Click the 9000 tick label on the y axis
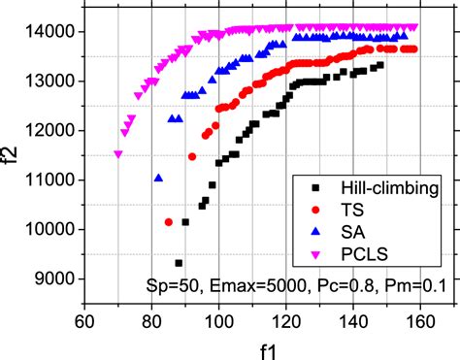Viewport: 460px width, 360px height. (x=53, y=279)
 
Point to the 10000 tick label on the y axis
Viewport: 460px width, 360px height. (x=49, y=230)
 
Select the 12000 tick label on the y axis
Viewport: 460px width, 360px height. (x=49, y=131)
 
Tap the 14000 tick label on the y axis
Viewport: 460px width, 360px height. (x=49, y=32)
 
